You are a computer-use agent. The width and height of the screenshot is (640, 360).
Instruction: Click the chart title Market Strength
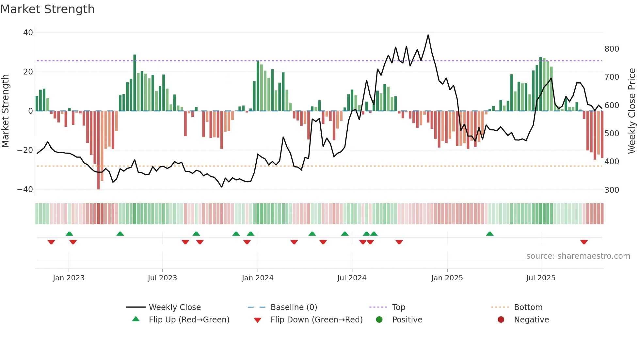tap(47, 9)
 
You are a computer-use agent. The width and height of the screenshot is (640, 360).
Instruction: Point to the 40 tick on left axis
tap(28, 33)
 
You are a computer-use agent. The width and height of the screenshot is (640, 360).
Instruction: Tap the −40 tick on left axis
tap(25, 189)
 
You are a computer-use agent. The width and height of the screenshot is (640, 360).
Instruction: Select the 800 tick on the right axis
tap(612, 49)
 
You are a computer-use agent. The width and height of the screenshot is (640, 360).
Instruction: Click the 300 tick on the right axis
tap(612, 190)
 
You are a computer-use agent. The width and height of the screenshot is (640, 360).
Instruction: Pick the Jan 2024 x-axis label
tap(258, 278)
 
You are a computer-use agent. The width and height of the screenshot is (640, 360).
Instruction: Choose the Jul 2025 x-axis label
tap(541, 278)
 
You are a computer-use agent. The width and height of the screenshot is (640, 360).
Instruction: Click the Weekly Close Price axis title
tap(632, 111)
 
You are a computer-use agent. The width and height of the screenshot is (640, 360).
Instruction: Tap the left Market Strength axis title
tap(5, 111)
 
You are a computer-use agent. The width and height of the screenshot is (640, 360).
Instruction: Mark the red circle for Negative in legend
tap(501, 320)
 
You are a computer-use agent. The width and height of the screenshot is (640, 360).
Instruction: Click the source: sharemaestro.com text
tap(578, 256)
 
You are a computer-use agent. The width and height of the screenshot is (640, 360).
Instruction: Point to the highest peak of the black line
tap(428, 35)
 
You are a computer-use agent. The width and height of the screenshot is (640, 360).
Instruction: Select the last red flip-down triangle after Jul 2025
tap(584, 242)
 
